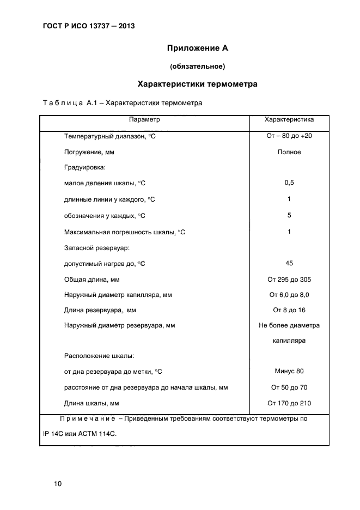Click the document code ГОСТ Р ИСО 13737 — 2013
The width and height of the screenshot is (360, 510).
pos(88,26)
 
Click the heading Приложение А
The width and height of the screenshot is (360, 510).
pos(197,48)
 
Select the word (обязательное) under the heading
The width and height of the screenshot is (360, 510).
pos(197,66)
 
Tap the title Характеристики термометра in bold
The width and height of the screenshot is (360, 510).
pos(197,84)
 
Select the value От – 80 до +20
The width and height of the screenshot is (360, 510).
pos(289,136)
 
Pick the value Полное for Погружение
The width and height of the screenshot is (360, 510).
pos(289,152)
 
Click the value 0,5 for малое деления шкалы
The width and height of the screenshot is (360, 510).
pos(289,183)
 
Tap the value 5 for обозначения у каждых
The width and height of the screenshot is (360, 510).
pos(289,215)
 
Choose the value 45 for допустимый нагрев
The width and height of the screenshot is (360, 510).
pos(289,263)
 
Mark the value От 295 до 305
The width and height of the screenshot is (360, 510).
pos(289,280)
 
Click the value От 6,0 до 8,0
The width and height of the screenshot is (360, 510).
pos(289,295)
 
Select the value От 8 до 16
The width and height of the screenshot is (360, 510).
pos(289,310)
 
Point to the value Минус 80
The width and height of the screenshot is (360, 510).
pos(289,371)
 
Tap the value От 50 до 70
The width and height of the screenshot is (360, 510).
pos(289,387)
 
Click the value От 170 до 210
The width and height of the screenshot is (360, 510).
pos(289,403)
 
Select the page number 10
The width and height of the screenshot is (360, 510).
pos(58,484)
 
